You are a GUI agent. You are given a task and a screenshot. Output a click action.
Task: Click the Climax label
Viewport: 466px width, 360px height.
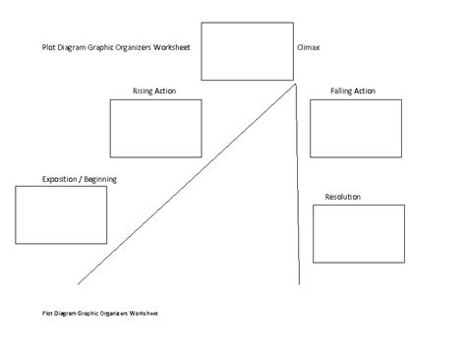[x=308, y=46]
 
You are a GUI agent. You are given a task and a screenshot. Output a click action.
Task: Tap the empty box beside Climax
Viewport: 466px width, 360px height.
[x=246, y=50]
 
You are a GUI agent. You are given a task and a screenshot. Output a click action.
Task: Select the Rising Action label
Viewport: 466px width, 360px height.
[x=154, y=90]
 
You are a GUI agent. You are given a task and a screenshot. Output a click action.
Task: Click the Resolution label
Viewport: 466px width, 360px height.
[x=342, y=197]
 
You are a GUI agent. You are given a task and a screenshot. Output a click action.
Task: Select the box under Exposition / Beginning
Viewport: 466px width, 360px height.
[x=61, y=214]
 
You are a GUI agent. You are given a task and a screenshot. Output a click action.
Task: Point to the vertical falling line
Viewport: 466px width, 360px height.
[x=297, y=197]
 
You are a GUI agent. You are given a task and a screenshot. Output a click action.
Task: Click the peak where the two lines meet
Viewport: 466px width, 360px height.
[x=297, y=86]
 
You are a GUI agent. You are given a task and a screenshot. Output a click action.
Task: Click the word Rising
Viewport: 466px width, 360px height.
[x=144, y=90]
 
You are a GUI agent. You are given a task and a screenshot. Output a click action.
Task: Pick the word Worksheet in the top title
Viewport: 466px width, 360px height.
[x=183, y=46]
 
